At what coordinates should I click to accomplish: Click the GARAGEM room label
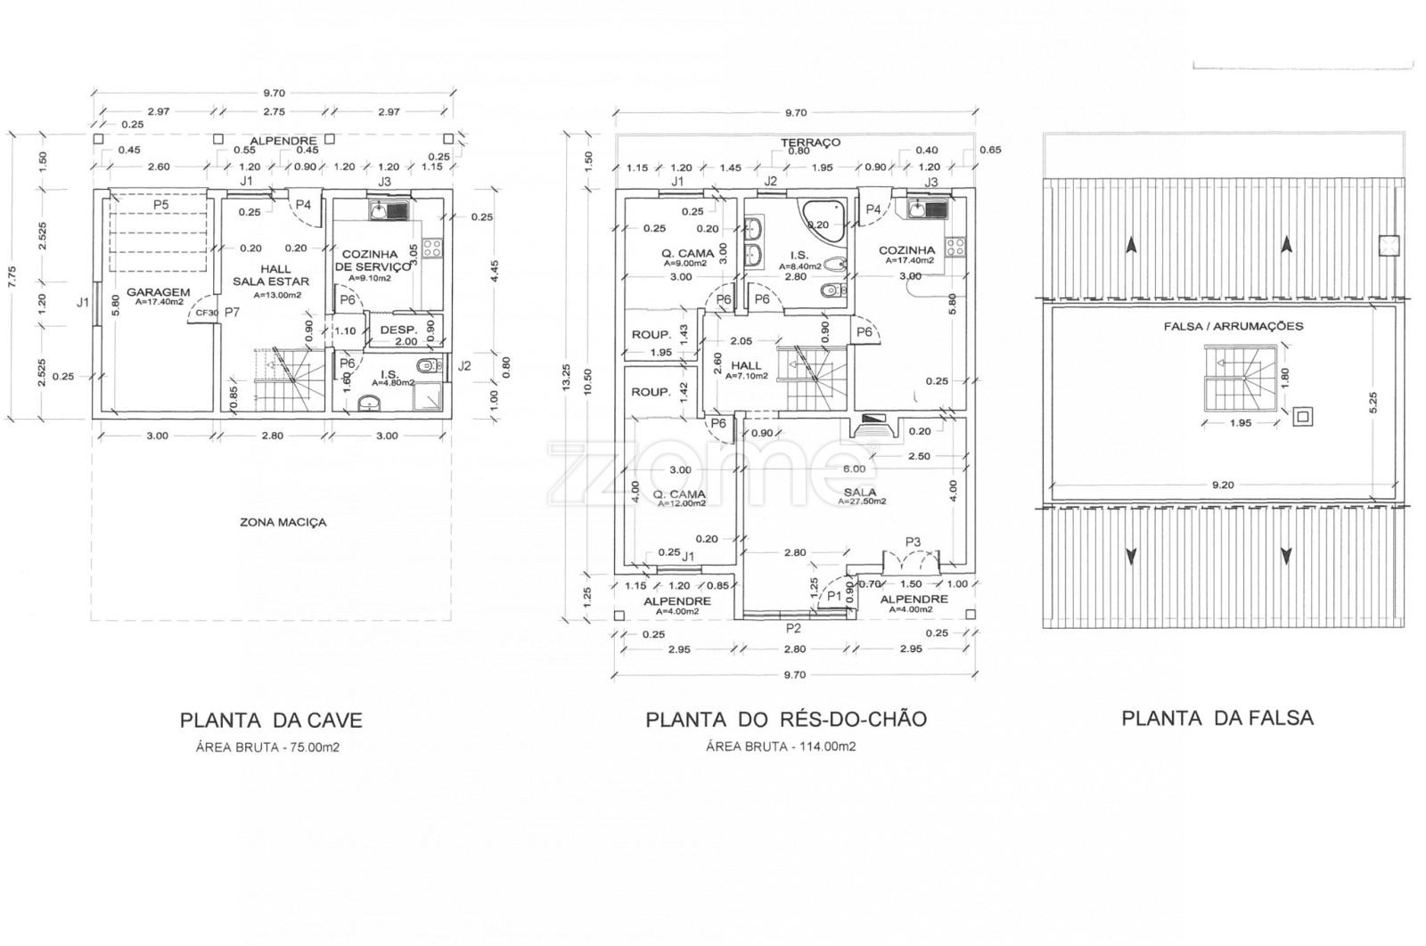(x=158, y=291)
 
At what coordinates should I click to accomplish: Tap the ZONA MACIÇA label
(x=283, y=522)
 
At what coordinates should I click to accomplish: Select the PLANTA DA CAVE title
(x=271, y=720)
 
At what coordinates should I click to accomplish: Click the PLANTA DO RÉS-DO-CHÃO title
(x=785, y=720)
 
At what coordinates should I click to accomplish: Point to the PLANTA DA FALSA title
(x=1217, y=718)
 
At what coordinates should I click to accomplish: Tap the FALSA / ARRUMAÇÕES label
(x=1220, y=326)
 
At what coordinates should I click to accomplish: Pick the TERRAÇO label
(x=810, y=143)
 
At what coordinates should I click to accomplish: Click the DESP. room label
(x=398, y=330)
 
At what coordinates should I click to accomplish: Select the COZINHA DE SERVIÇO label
(x=369, y=260)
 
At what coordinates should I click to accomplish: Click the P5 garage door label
(x=160, y=204)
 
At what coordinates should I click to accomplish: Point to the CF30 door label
(x=207, y=312)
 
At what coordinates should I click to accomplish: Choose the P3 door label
(x=912, y=541)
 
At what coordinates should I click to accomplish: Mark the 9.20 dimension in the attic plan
(x=1221, y=485)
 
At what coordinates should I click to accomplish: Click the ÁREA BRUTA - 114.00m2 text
(x=781, y=747)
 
